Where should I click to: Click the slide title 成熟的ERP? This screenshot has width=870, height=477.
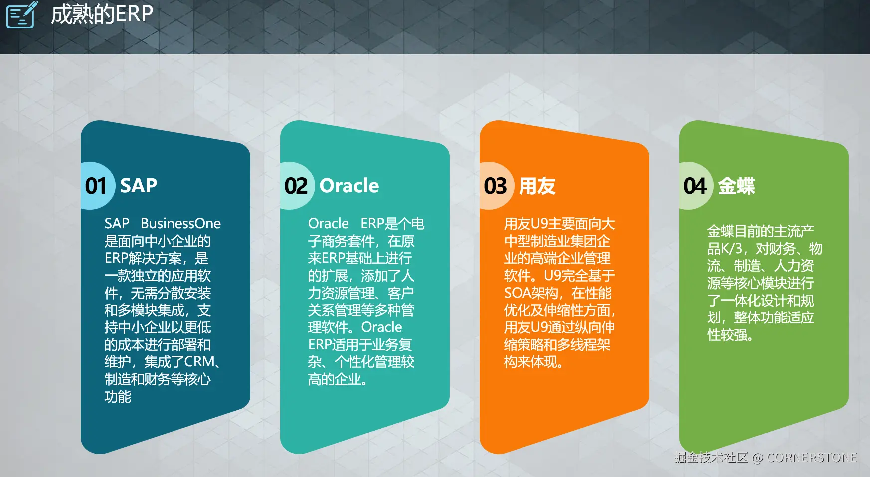pos(102,14)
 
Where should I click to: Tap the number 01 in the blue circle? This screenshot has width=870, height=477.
pos(96,186)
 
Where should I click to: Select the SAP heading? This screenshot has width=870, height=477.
pos(139,186)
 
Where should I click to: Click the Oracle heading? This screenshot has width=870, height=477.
pos(349,186)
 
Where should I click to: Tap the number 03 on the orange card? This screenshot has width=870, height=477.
pos(495,186)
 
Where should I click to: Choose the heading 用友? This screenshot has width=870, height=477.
pos(537,186)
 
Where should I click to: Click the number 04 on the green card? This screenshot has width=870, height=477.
pos(695,186)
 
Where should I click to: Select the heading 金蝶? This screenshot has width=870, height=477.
pos(736,186)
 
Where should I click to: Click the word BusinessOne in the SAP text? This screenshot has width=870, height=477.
pos(180,223)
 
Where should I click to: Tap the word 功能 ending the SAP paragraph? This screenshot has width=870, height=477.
pos(118,396)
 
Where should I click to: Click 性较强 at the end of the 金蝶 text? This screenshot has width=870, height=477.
pos(727,334)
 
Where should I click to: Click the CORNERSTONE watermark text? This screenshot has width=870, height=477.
pos(812,457)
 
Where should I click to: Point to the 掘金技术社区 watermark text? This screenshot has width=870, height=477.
pos(711,457)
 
